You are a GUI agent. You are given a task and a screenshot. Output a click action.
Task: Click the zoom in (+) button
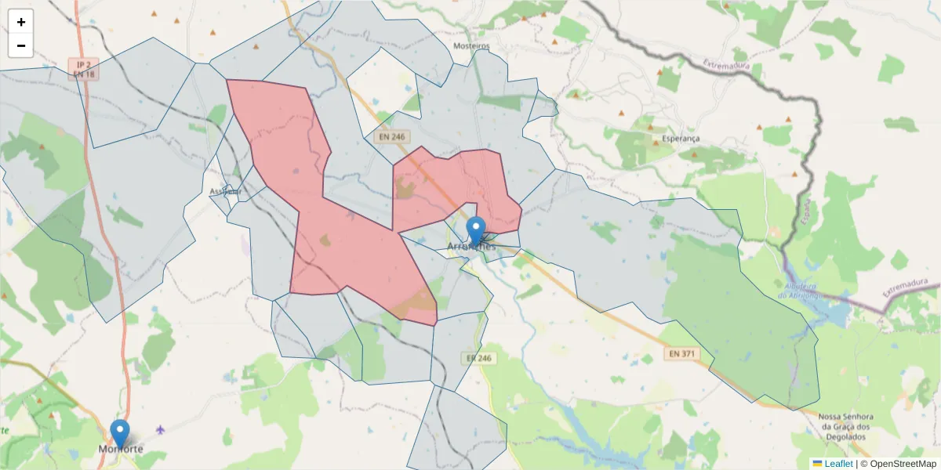click(21, 22)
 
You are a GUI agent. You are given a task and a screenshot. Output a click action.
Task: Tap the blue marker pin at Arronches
click(476, 231)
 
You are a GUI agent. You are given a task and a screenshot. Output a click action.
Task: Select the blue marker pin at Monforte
click(120, 433)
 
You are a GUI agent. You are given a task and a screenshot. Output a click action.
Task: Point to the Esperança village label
click(680, 139)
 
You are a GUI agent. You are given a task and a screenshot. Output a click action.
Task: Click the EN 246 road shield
click(391, 137)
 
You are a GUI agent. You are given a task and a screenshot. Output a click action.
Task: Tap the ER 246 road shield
click(478, 358)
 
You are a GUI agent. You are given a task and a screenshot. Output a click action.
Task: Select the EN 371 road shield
click(681, 354)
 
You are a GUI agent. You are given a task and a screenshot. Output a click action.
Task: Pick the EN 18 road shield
click(83, 74)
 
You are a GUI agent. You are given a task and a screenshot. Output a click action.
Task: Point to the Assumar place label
click(227, 191)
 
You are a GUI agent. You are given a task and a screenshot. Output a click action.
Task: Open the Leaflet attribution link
click(837, 464)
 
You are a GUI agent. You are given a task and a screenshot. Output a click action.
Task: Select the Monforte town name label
click(122, 450)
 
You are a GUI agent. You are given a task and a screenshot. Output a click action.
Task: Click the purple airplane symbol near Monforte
click(162, 429)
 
